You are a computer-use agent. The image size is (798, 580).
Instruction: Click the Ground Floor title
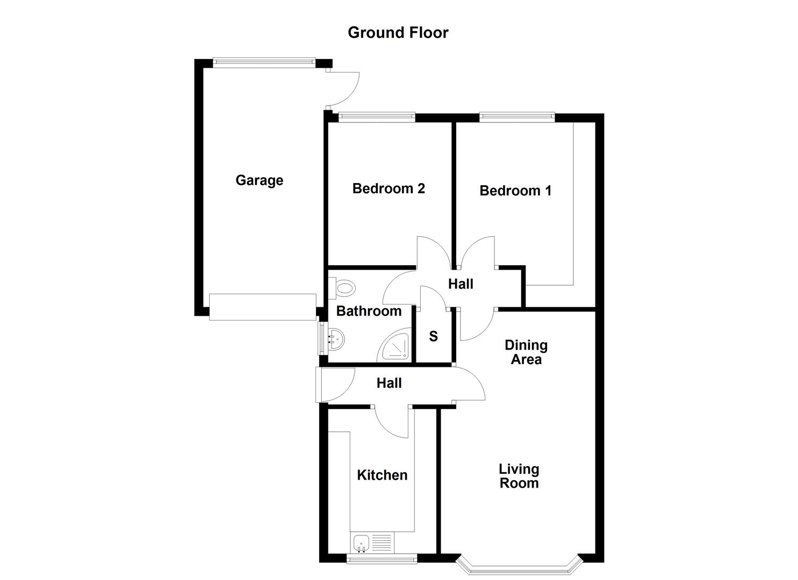[x=398, y=32]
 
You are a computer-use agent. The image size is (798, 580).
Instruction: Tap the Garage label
[x=259, y=180]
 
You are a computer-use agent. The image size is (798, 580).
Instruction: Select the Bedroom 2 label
[x=389, y=189]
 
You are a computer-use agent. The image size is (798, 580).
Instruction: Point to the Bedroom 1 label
[x=515, y=191]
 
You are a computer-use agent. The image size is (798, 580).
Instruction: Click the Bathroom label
[x=369, y=311]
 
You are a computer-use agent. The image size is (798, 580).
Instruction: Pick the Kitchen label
[x=382, y=475]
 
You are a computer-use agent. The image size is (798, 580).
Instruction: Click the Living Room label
[x=519, y=476]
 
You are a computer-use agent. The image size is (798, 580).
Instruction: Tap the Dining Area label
[x=526, y=352]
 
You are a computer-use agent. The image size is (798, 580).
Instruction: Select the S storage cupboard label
[x=433, y=337]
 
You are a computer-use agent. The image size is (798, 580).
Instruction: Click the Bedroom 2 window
[x=377, y=116]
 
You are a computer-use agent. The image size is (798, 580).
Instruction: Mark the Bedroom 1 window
[x=516, y=116]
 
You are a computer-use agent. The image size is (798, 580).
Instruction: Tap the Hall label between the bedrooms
[x=461, y=284]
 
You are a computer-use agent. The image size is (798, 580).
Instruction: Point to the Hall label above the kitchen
[x=389, y=383]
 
